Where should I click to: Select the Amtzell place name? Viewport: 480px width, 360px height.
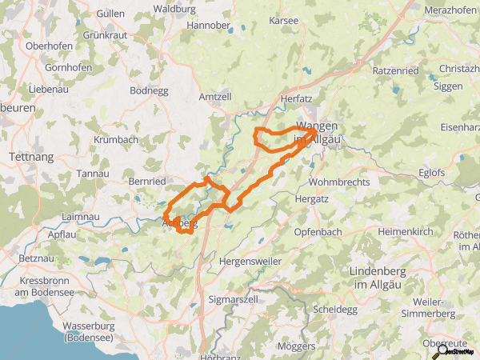point(214,97)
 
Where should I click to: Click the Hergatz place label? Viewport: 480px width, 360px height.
point(312,198)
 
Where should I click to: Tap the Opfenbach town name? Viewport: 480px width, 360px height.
point(318,231)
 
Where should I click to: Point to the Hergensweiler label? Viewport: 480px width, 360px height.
point(250,262)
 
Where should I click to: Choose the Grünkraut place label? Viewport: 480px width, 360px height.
point(105,35)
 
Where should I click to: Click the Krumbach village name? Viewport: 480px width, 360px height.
point(116,140)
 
